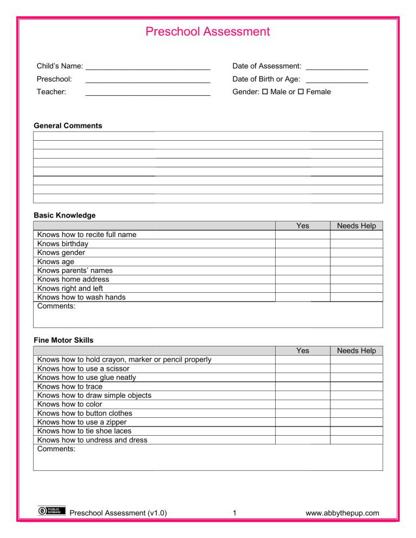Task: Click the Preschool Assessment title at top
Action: tap(207, 31)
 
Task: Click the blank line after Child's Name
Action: tap(148, 67)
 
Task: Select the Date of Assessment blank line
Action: tap(337, 67)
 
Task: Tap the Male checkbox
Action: tap(265, 92)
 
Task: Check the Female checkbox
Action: tap(301, 92)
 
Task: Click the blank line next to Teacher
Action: tap(148, 93)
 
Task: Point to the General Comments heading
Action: tap(68, 126)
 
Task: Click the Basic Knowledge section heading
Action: tap(64, 215)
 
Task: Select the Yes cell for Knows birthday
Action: tap(303, 244)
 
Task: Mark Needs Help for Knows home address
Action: tap(356, 279)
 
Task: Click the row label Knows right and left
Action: tap(70, 288)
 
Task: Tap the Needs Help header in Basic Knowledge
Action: tap(356, 226)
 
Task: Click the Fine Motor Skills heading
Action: tap(63, 340)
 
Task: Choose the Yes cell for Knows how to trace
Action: tap(303, 386)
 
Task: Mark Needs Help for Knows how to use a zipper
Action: tap(356, 422)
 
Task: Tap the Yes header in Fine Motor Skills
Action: tap(303, 351)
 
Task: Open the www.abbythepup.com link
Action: tap(342, 513)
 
